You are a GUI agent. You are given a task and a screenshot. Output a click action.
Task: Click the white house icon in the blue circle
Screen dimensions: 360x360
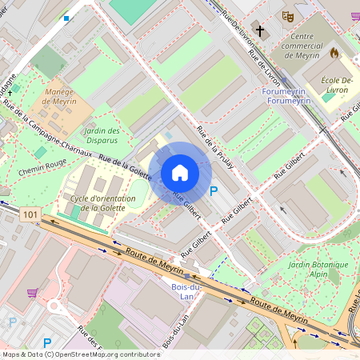tap(180, 173)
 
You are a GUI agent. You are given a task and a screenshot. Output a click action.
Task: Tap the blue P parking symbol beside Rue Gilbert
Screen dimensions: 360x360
tap(213, 191)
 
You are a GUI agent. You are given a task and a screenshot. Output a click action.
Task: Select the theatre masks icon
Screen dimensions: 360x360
tap(288, 16)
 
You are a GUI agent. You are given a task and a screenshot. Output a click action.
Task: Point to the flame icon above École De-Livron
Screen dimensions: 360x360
tap(334, 53)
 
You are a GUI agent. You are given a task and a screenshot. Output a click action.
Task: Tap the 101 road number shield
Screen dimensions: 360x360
tap(30, 214)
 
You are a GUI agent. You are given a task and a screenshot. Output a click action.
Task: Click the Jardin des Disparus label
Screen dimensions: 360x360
tap(102, 135)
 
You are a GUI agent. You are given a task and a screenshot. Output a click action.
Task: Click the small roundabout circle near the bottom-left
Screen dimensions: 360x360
tap(57, 307)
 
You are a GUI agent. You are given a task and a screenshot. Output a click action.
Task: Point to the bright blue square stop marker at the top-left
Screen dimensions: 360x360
tap(66, 18)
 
